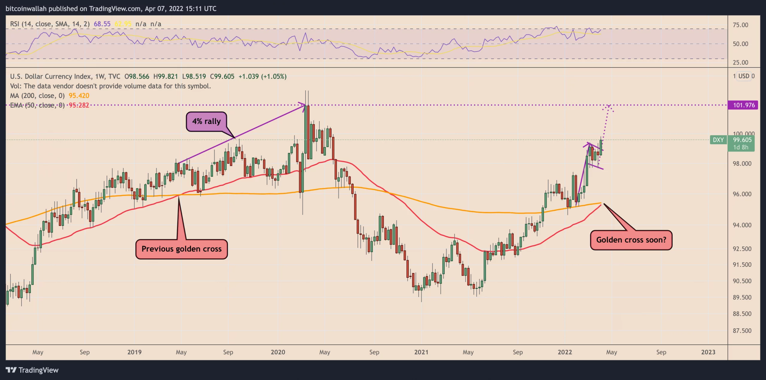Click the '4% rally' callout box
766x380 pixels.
tap(206, 121)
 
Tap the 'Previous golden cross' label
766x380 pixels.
tap(181, 249)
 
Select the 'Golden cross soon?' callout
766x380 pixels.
tap(631, 240)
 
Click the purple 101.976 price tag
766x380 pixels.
tap(744, 105)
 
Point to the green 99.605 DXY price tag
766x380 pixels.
tap(742, 140)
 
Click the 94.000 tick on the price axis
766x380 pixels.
tap(742, 225)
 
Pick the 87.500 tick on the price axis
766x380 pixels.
tap(742, 331)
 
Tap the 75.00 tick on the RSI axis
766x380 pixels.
tap(740, 25)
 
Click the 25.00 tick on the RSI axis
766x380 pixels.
tap(740, 62)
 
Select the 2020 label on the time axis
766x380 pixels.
tap(278, 352)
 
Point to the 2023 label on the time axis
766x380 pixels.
tap(708, 352)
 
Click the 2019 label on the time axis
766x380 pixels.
tap(134, 352)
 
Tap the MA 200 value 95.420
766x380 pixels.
tap(79, 96)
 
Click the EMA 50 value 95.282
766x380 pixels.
tap(79, 105)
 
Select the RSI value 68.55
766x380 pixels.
tap(102, 24)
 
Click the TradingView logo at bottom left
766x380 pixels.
tap(32, 370)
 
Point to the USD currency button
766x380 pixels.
tap(744, 76)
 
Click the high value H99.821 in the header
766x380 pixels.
tap(165, 76)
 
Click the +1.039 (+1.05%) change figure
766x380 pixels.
tap(262, 76)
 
